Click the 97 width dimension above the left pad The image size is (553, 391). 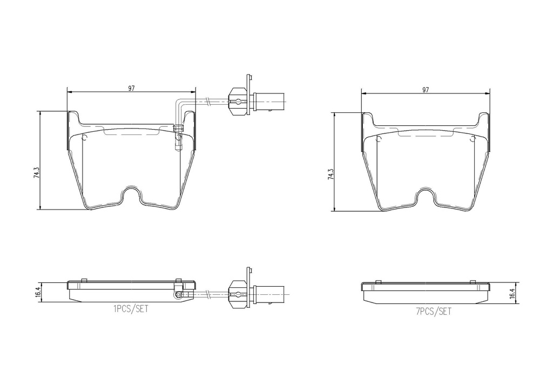point(131,89)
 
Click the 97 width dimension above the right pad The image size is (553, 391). point(426,90)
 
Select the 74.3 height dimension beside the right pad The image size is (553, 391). point(331,174)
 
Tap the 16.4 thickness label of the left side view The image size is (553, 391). point(38,292)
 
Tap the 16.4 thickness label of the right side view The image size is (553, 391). point(512,293)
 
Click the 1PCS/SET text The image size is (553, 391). point(131,309)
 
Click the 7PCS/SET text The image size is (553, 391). point(434,311)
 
